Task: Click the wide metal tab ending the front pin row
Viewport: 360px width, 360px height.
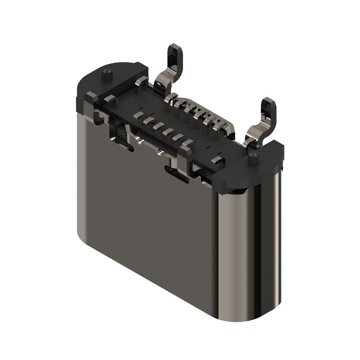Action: coord(187,146)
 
